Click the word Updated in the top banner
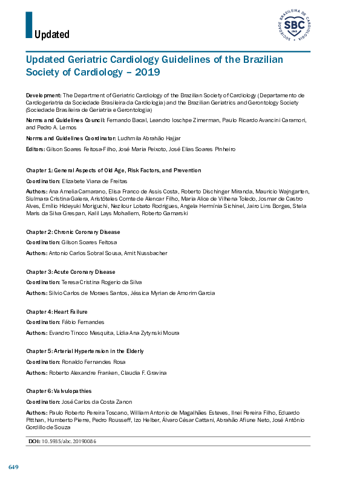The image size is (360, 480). click(52, 34)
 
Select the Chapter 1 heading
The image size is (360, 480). click(114, 171)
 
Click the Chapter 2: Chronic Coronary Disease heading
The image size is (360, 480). click(73, 232)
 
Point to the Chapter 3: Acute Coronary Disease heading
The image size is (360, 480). click(72, 272)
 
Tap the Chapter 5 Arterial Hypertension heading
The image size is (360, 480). click(85, 351)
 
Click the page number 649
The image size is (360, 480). click(13, 467)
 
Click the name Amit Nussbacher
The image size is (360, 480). click(145, 253)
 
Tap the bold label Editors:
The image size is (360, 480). click(36, 149)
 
